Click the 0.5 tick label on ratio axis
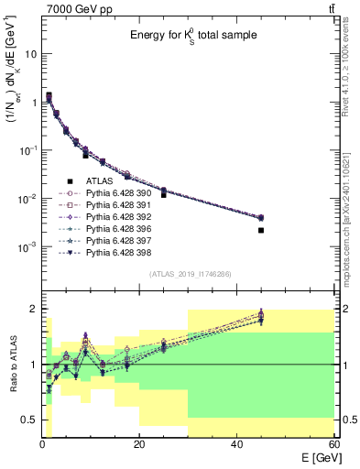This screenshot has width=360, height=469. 28,420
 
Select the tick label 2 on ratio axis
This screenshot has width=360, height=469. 33,309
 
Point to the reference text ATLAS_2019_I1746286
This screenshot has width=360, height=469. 191,275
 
